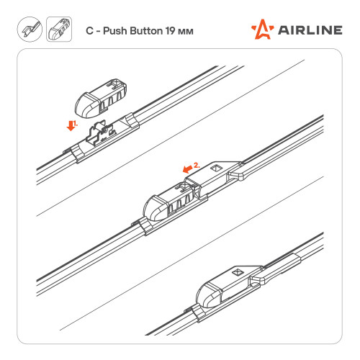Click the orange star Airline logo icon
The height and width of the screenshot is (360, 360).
pyautogui.click(x=262, y=30)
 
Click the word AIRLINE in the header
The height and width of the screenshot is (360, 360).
pyautogui.click(x=310, y=30)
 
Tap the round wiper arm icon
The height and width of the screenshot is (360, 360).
pyautogui.click(x=30, y=30)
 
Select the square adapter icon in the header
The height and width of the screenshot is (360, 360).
pyautogui.click(x=59, y=30)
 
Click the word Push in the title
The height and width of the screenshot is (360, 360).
pyautogui.click(x=115, y=31)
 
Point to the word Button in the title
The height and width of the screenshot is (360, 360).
pyautogui.click(x=146, y=31)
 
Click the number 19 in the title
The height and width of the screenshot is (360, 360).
pyautogui.click(x=170, y=31)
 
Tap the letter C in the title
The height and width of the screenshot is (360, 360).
pyautogui.click(x=89, y=31)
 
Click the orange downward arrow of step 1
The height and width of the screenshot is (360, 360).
pyautogui.click(x=71, y=126)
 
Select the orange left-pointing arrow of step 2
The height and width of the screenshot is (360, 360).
pyautogui.click(x=187, y=168)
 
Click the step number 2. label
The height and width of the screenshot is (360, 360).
pyautogui.click(x=197, y=166)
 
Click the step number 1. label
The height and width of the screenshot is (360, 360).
pyautogui.click(x=76, y=124)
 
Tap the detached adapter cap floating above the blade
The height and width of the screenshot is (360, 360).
pyautogui.click(x=101, y=98)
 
